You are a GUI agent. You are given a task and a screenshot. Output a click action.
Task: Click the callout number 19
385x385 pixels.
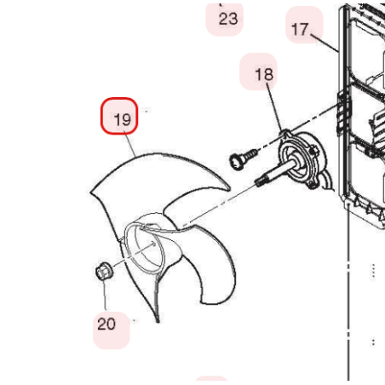click(123, 119)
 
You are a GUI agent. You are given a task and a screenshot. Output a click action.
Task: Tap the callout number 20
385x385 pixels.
click(106, 324)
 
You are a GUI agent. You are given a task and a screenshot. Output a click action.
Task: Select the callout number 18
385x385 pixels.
click(264, 75)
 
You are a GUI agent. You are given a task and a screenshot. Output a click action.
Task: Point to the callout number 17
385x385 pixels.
click(300, 29)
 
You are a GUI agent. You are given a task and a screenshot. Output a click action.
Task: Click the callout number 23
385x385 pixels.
click(228, 19)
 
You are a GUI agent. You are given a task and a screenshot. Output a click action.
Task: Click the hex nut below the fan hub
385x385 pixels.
click(104, 271)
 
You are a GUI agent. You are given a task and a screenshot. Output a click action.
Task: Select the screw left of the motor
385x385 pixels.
click(244, 159)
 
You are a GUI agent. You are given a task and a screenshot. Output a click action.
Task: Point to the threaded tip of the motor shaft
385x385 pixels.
click(259, 181)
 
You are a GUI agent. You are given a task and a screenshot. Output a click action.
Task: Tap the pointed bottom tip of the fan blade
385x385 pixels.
click(158, 322)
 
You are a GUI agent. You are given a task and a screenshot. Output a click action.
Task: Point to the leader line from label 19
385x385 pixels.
click(129, 144)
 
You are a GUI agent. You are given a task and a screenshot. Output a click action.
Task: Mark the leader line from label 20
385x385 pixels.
click(105, 294)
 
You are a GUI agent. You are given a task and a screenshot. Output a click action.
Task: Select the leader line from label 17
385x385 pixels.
click(325, 43)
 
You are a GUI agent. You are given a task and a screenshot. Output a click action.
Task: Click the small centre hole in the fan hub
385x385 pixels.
click(153, 244)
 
